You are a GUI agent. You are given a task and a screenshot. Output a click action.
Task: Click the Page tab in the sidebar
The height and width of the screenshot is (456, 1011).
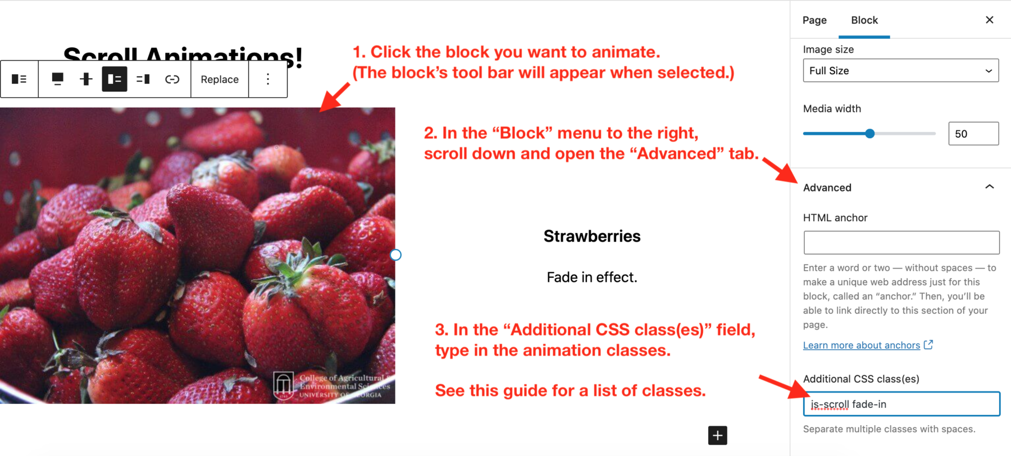(x=814, y=20)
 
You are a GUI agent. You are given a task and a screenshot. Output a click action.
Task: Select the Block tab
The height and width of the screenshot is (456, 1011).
(x=864, y=20)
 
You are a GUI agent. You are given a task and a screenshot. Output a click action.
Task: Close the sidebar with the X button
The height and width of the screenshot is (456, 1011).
(x=989, y=20)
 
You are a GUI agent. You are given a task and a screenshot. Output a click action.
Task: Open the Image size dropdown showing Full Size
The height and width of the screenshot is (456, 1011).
(x=900, y=71)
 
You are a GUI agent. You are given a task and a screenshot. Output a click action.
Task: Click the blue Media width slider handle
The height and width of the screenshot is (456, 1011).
(x=869, y=134)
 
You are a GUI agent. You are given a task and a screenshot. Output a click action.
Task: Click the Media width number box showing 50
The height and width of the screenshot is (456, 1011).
(x=973, y=134)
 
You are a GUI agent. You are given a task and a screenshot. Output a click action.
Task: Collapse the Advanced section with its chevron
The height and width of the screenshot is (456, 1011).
(x=989, y=187)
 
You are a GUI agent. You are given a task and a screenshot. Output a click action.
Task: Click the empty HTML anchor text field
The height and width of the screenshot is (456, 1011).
(x=901, y=243)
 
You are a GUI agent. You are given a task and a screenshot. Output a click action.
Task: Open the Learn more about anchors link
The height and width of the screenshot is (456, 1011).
(x=862, y=345)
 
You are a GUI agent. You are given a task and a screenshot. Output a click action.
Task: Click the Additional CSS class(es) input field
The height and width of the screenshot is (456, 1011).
(x=901, y=404)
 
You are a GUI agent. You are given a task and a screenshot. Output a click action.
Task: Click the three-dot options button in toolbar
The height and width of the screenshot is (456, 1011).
(x=268, y=79)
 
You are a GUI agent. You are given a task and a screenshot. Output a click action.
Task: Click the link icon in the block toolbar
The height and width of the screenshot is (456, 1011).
(x=172, y=79)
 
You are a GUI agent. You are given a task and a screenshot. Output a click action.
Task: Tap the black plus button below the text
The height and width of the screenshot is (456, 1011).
(x=717, y=435)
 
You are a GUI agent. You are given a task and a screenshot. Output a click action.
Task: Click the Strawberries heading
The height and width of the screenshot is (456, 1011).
(x=592, y=236)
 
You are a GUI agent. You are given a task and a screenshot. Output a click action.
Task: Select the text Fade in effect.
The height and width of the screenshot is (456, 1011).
(x=592, y=277)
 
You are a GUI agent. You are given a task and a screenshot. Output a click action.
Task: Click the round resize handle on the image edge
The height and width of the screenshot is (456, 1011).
(x=396, y=255)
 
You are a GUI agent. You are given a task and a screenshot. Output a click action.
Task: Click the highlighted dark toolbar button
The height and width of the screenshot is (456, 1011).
(x=115, y=79)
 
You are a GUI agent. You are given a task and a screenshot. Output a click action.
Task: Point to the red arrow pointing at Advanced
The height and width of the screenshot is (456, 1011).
(x=781, y=171)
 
